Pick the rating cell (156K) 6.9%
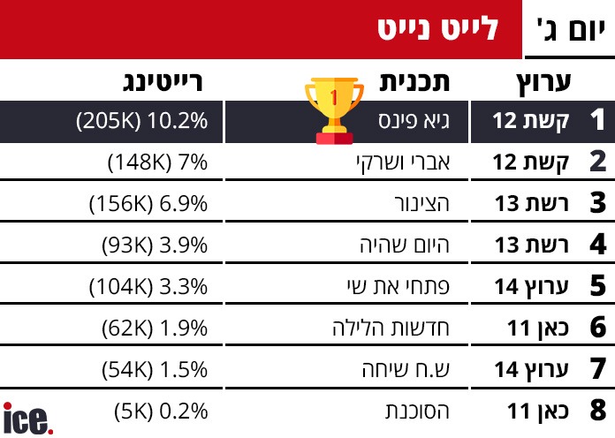(148, 203)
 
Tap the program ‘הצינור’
(421, 203)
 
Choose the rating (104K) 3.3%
(148, 286)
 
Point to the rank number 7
(596, 369)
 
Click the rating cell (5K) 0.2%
(161, 411)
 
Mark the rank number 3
(596, 203)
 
